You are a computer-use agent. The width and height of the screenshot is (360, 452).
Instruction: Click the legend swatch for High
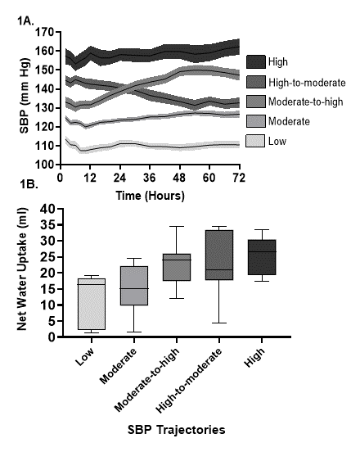coord(256,61)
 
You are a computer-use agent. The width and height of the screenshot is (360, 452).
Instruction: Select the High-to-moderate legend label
coord(307,83)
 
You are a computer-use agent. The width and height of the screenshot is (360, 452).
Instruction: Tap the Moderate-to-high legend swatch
coord(256,102)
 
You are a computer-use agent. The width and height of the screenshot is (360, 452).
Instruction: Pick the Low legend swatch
coord(255,141)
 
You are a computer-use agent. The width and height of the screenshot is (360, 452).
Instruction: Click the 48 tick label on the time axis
coord(179,178)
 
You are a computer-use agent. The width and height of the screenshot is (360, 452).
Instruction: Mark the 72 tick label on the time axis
coord(239,178)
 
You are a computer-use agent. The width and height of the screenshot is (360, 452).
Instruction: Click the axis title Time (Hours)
coord(150,196)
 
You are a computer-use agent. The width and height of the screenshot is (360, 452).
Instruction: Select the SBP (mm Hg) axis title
coord(25,96)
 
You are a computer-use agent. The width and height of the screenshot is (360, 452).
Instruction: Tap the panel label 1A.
coord(25,20)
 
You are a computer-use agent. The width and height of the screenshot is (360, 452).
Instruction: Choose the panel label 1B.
coord(29,184)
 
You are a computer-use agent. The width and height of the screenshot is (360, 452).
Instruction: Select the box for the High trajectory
coord(262,257)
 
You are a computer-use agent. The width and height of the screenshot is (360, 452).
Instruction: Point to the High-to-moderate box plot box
coord(219,255)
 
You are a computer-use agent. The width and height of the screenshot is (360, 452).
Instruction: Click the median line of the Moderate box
coord(134,288)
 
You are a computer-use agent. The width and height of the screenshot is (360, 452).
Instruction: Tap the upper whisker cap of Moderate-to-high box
coord(177,227)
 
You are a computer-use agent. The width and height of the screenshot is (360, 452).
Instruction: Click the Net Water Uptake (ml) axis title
coord(22,269)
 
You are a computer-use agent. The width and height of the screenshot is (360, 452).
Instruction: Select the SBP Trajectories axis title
coord(176,430)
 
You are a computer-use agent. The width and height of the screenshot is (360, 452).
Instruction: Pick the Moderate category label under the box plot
coord(118,366)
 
